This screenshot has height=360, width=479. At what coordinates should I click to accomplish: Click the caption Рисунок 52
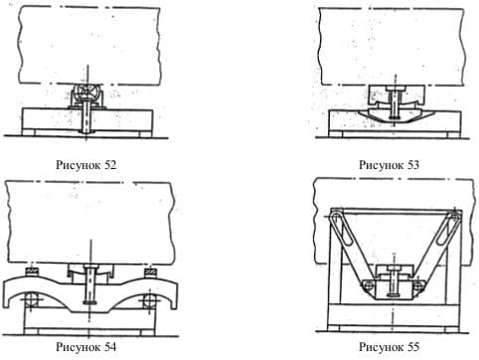(86, 165)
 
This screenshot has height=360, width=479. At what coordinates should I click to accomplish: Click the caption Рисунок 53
(389, 165)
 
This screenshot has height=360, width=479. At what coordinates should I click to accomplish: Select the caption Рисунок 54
(86, 347)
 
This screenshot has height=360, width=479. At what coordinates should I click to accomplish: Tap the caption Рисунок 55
(389, 347)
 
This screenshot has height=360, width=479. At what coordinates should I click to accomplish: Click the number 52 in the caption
(110, 165)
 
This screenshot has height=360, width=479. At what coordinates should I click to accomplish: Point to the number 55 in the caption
(412, 347)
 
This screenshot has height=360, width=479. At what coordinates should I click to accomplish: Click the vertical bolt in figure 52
(86, 115)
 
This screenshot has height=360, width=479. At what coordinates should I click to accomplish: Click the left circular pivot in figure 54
(31, 300)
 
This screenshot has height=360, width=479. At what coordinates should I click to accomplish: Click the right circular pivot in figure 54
(148, 301)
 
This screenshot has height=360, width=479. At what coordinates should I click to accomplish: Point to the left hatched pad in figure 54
(32, 271)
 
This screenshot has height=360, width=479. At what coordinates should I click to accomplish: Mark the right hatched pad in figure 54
(150, 271)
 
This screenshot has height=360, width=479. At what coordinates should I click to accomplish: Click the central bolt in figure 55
(394, 281)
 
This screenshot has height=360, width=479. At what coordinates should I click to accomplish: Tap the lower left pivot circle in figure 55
(367, 285)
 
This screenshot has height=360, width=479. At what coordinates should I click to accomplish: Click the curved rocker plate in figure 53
(394, 116)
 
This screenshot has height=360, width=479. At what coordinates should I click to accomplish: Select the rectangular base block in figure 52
(87, 119)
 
